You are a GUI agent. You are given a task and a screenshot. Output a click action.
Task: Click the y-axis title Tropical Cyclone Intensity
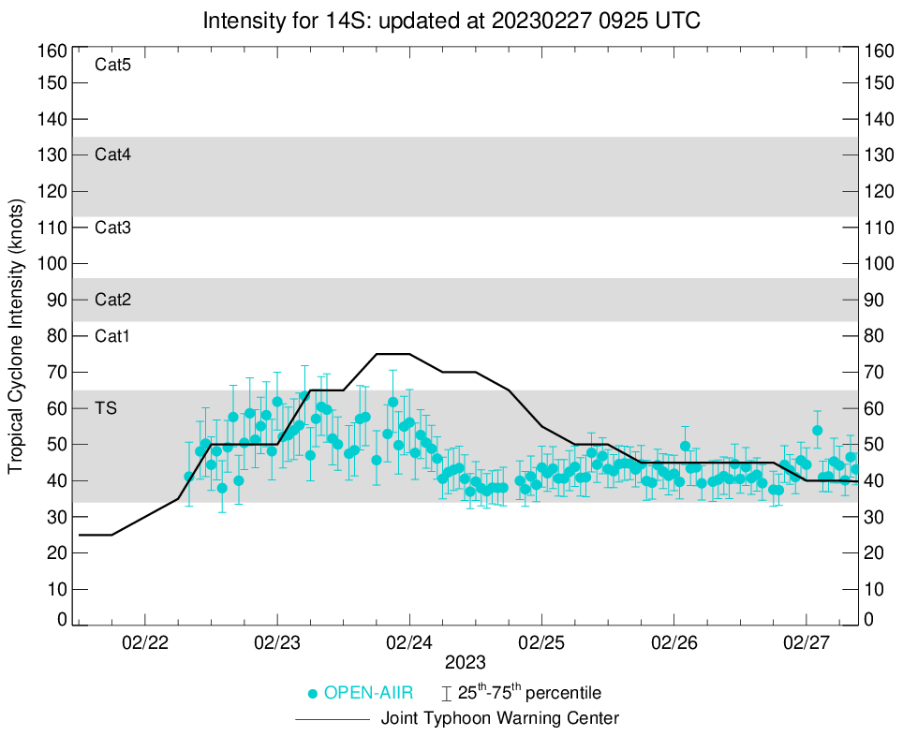pos(16,335)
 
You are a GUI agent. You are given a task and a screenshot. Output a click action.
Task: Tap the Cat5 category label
pos(112,66)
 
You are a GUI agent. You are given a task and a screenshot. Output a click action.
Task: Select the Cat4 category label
pos(112,155)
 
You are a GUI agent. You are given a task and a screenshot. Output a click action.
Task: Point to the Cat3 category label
pos(112,228)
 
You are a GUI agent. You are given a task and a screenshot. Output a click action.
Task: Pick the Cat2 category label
pos(112,301)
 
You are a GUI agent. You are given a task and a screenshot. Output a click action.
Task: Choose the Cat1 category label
pos(112,336)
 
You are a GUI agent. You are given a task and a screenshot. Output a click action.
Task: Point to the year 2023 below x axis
pos(465,663)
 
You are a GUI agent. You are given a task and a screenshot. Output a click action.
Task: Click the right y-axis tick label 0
pos(869,619)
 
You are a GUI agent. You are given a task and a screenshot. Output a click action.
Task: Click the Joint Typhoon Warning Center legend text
pos(500,719)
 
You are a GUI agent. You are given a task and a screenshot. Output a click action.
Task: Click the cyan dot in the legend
pos(313,694)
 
